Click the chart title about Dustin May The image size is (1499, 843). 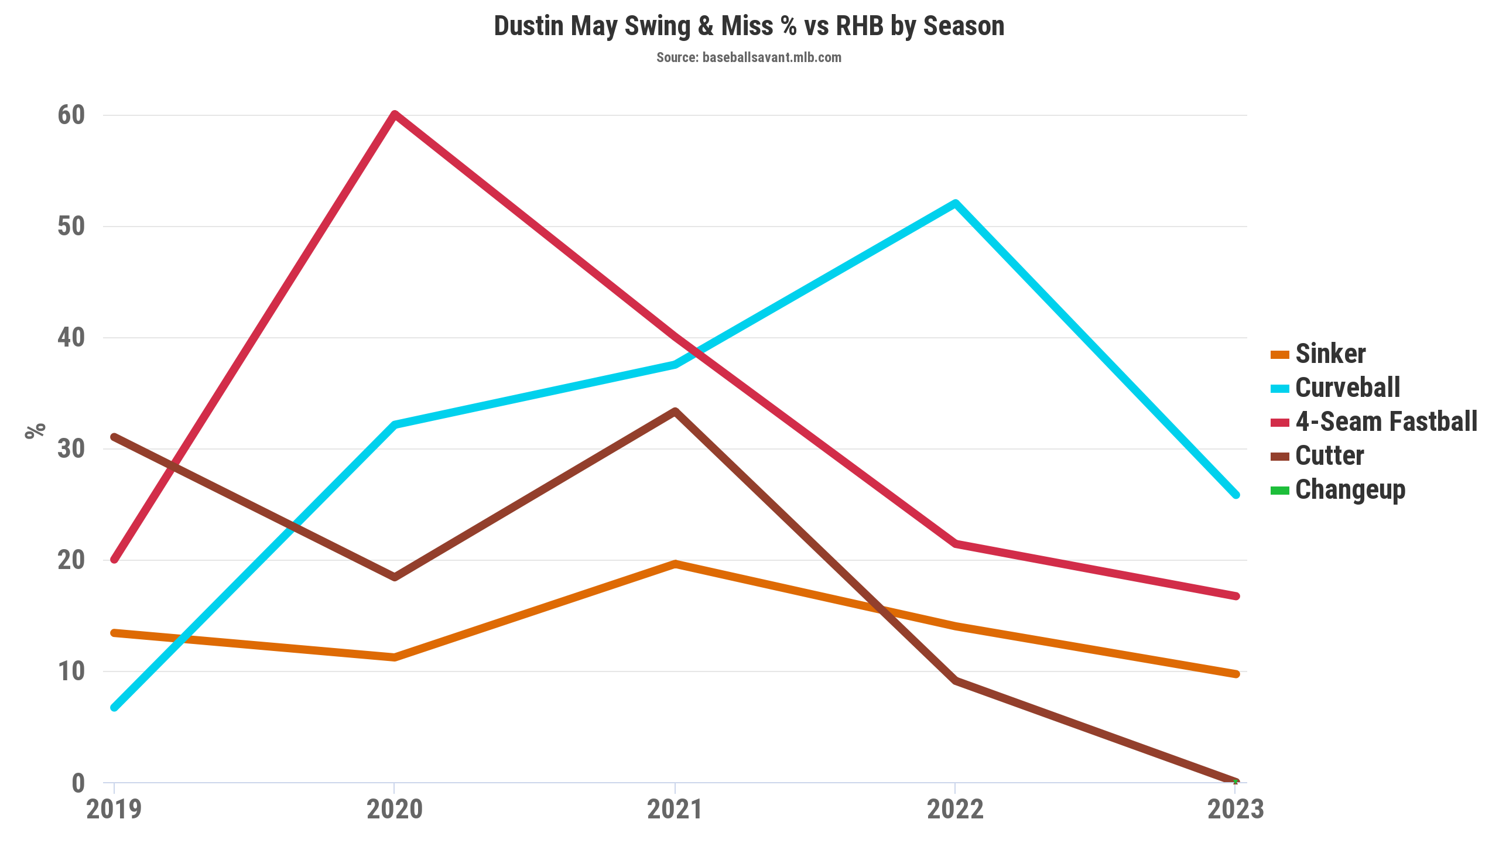point(749,27)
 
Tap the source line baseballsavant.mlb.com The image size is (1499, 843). point(748,57)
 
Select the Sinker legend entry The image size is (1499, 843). point(1330,354)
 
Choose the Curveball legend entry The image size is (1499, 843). point(1347,388)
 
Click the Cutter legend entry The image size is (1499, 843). point(1329,455)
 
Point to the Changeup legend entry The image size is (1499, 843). point(1350,489)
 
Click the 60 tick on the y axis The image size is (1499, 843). point(71,115)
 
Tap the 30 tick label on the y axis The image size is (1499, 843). point(71,449)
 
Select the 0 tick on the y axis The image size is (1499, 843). point(78,783)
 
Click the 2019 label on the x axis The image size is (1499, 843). point(114,810)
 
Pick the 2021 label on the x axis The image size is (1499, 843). point(675,810)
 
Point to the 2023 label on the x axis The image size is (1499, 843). point(1236,810)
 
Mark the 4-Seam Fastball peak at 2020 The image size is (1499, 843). point(395,114)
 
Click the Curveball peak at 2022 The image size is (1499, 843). point(955,204)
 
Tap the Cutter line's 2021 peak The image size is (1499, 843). point(675,412)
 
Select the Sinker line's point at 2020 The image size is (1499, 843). point(395,657)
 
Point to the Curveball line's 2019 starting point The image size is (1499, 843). point(115,707)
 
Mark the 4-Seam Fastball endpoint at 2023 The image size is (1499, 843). point(1236,596)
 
